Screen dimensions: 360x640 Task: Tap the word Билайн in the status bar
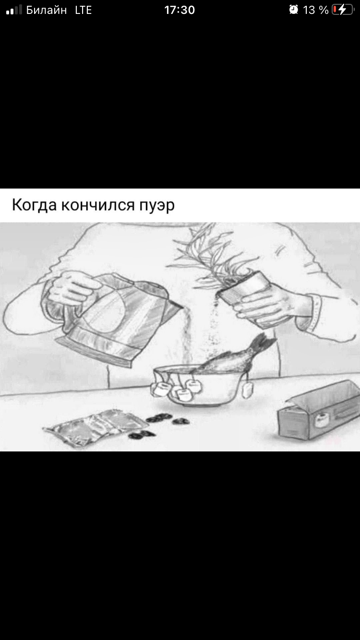[x=47, y=10]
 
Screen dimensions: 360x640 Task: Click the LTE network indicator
[x=83, y=10]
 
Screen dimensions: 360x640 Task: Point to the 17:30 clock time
[x=180, y=10]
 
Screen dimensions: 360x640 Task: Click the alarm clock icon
[x=293, y=10]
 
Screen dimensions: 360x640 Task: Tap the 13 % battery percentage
[x=315, y=10]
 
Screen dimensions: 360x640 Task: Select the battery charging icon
[x=343, y=10]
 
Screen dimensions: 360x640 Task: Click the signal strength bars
[x=14, y=10]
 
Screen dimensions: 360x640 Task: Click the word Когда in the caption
[x=34, y=205]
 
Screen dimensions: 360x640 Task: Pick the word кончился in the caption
[x=98, y=205]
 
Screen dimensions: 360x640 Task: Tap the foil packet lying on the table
[x=96, y=427]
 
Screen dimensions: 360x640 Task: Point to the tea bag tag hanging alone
[x=247, y=390]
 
